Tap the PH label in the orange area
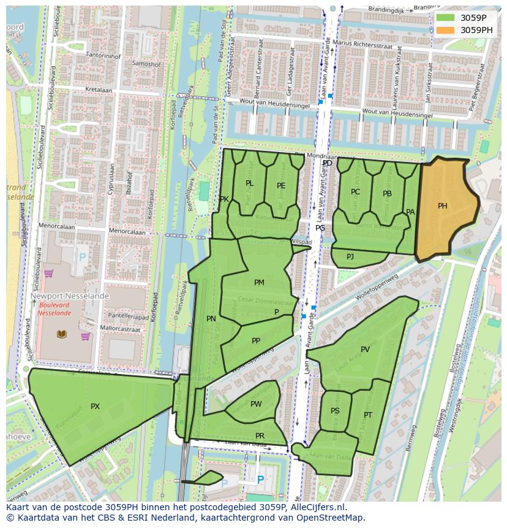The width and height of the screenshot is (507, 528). pyautogui.click(x=443, y=206)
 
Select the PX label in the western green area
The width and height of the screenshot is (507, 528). pyautogui.click(x=95, y=407)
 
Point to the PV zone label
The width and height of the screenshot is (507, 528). pyautogui.click(x=365, y=350)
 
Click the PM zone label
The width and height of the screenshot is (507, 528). pyautogui.click(x=259, y=283)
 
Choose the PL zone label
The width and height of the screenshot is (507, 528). pyautogui.click(x=249, y=183)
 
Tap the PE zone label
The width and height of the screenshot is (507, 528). pyautogui.click(x=281, y=186)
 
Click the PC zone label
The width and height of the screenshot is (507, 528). pyautogui.click(x=355, y=192)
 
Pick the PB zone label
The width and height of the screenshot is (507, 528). pyautogui.click(x=387, y=194)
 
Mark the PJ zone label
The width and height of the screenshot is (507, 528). pyautogui.click(x=350, y=256)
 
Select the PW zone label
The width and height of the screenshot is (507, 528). pyautogui.click(x=256, y=404)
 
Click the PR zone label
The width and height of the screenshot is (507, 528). pyautogui.click(x=260, y=436)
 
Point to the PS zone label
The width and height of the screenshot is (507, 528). pyautogui.click(x=335, y=411)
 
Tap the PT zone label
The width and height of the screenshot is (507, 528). pyautogui.click(x=367, y=415)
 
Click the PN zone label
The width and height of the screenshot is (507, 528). pyautogui.click(x=211, y=319)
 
